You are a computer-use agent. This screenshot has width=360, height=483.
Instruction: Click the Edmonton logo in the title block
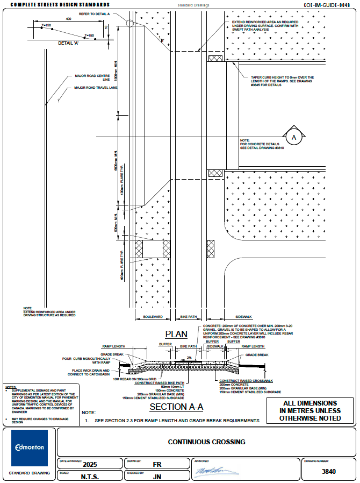pos(30,448)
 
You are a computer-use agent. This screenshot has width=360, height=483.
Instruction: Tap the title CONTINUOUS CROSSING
pos(206,442)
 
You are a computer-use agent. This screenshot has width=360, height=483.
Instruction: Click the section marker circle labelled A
pos(293,137)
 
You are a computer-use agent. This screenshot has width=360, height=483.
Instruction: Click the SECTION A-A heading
pos(176,407)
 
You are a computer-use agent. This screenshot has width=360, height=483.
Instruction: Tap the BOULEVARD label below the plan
pos(153,318)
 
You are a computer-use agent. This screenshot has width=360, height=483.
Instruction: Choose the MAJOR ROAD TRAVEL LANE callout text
pos(95,87)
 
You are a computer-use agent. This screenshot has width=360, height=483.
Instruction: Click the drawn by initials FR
pos(157,464)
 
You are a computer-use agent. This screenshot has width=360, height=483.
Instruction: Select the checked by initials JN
pos(157,476)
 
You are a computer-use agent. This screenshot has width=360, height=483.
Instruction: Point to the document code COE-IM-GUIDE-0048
pos(330,4)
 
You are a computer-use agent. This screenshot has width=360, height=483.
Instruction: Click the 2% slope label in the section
pos(189,357)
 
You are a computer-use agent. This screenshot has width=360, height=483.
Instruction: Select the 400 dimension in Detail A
pos(68,18)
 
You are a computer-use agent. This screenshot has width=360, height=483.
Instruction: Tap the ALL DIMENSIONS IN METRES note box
pos(311,410)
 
